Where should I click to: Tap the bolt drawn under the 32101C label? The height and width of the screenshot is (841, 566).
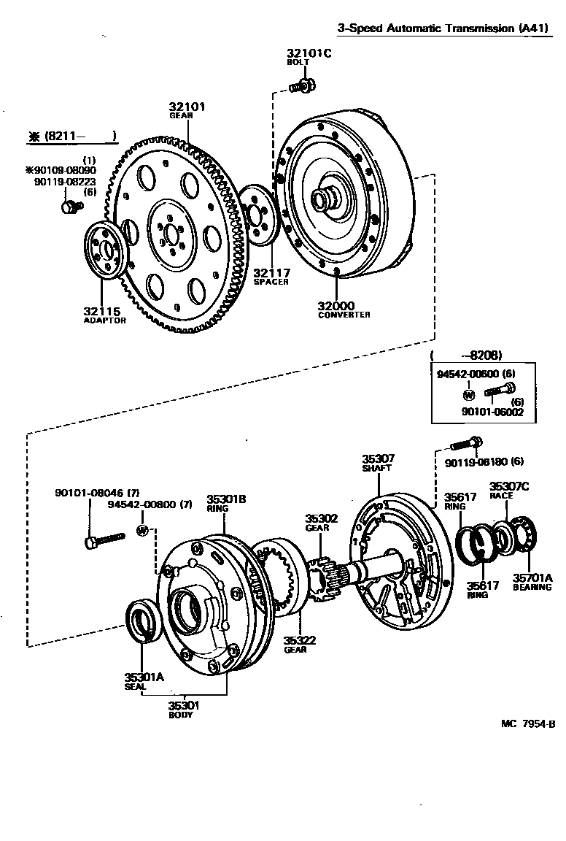(x=301, y=87)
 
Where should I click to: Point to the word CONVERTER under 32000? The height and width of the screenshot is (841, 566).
(x=344, y=315)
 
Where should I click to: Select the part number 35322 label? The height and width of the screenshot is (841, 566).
(x=300, y=640)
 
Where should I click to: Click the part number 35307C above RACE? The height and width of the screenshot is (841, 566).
(x=509, y=486)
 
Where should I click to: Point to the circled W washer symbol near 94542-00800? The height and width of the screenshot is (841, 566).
(x=143, y=529)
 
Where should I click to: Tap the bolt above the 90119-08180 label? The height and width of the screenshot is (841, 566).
(x=464, y=442)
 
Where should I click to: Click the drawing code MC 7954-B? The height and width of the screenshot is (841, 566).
(x=528, y=724)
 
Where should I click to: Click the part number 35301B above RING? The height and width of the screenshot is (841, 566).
(x=225, y=499)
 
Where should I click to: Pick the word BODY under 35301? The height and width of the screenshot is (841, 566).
(x=181, y=715)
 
